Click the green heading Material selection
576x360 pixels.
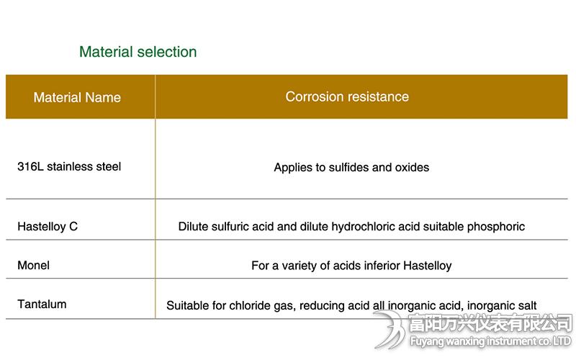point(138,52)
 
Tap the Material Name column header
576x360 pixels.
point(77,97)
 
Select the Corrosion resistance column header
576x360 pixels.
point(347,96)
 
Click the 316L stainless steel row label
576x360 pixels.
point(69,166)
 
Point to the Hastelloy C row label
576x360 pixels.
point(48,226)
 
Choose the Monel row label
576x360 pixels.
point(33,265)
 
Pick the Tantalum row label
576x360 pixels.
point(42,304)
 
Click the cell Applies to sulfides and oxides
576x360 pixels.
point(351,168)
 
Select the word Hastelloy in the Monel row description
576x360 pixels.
point(428,266)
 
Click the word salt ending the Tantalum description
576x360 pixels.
point(526,305)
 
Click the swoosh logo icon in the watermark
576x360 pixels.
point(390,330)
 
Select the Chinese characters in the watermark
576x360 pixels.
point(490,323)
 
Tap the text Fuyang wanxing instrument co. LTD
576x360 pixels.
point(490,341)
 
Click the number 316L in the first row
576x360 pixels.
point(30,166)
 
